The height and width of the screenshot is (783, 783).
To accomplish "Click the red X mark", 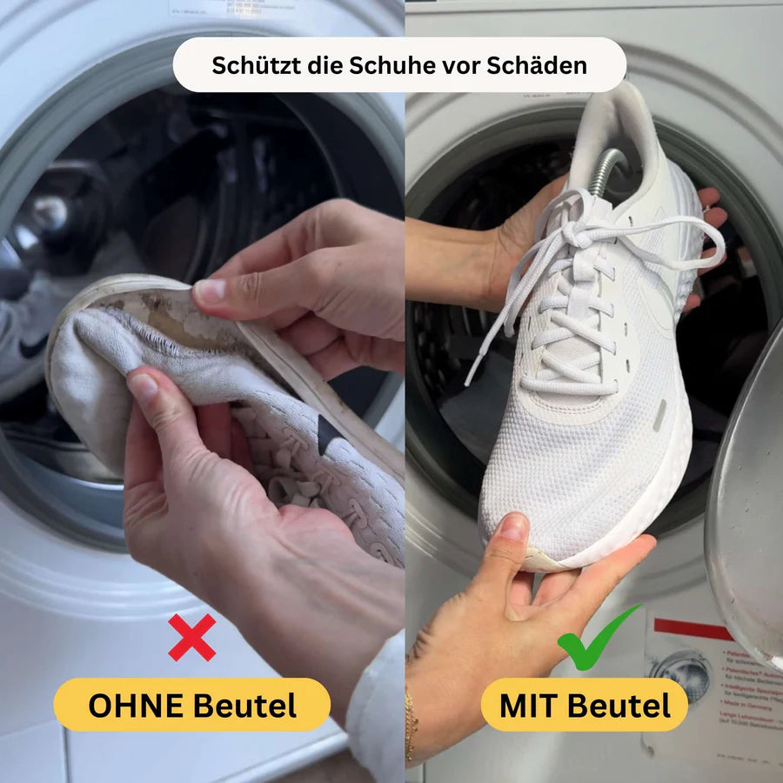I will click(x=191, y=638).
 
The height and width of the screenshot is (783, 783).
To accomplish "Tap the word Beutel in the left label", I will click(x=244, y=706).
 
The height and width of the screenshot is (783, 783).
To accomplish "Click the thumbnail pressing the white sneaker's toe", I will click(x=513, y=527).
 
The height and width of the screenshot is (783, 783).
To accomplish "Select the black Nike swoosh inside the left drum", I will click(x=31, y=348).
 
